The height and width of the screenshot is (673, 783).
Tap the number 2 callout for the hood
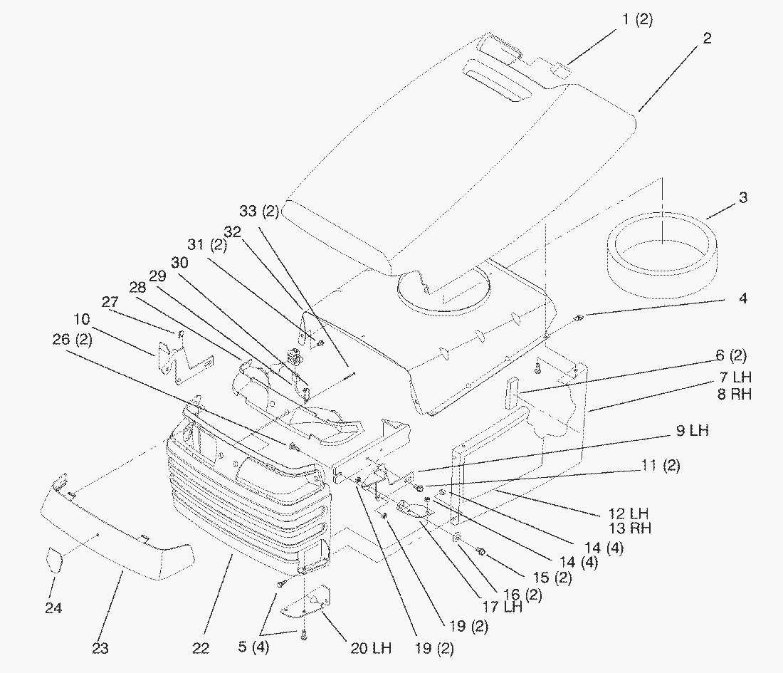point(706,38)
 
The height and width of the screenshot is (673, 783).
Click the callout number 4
point(742,299)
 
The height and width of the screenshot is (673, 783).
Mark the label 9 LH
point(692,431)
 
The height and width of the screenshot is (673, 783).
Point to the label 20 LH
point(370,648)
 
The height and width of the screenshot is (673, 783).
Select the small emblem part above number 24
point(55,560)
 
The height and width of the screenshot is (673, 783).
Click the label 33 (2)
point(260,212)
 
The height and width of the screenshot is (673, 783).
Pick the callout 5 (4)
point(253,648)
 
